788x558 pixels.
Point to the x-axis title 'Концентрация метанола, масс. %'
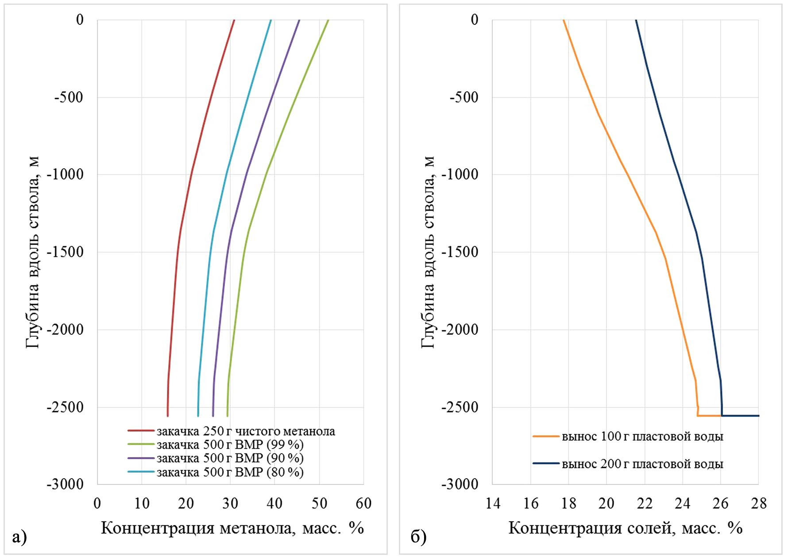coord(232,528)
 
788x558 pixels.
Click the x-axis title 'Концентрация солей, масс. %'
coord(625,528)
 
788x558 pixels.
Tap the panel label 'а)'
coord(19,537)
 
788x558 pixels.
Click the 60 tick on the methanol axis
coord(363,504)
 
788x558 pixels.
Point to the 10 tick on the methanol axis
coord(142,504)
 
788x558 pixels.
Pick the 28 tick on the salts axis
coord(759,504)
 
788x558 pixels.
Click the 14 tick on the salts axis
coord(492,504)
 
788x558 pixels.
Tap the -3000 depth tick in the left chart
coord(65,484)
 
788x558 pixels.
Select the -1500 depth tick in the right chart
coord(460,252)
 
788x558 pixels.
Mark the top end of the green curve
coord(328,20)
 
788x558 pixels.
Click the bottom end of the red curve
coord(167,416)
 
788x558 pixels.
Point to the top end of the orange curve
coord(564,20)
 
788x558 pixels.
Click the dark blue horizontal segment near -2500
coord(740,415)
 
